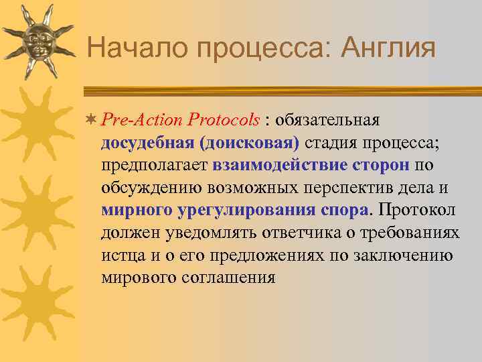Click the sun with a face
click(37, 42)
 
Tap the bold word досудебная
click(147, 143)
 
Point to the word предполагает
click(155, 165)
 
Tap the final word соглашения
click(228, 277)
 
